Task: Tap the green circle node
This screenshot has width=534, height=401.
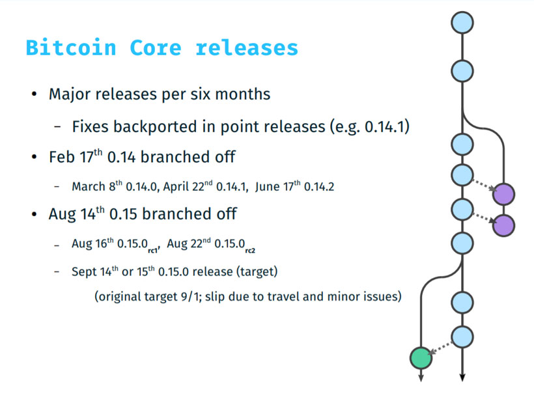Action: point(421,357)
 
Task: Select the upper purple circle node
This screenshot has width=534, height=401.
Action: point(503,194)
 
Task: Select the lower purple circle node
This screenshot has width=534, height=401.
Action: point(503,225)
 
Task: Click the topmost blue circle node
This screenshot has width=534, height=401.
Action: point(462,22)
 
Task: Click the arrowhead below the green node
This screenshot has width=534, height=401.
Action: point(421,378)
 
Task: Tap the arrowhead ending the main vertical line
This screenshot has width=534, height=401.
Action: point(462,378)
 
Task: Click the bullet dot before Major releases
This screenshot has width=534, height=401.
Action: point(33,94)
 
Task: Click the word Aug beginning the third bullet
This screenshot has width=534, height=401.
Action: point(61,214)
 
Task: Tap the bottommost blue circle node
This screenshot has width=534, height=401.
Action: point(462,337)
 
